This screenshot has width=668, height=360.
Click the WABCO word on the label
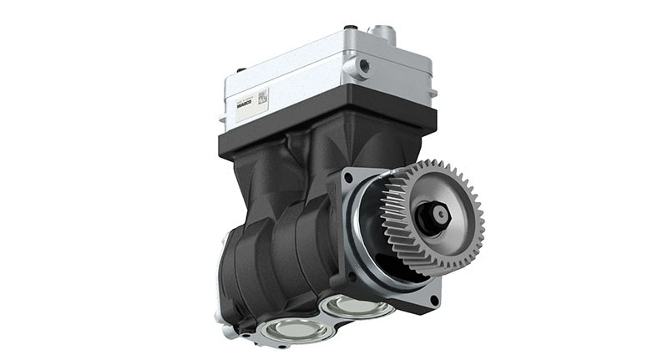pos(245,105)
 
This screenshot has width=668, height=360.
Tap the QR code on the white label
pos(262,96)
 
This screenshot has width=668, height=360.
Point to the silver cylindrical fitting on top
pos(385,33)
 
